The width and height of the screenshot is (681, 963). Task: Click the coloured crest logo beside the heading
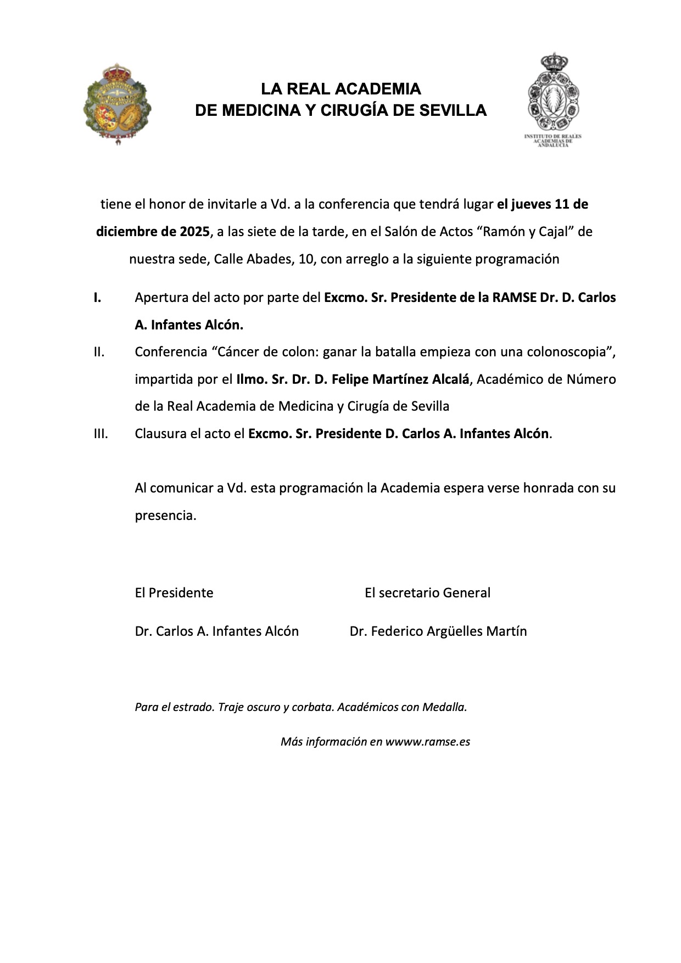[x=116, y=104]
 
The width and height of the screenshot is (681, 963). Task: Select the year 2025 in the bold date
[x=194, y=232]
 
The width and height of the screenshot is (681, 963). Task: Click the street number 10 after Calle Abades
[x=306, y=259]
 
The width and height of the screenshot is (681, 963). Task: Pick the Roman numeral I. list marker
[x=97, y=298]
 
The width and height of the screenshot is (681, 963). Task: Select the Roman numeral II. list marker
[x=99, y=352]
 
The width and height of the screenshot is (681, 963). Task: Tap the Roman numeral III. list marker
[x=101, y=434]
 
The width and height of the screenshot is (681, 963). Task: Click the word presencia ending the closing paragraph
[x=165, y=516]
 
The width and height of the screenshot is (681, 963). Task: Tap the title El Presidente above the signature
[x=174, y=593]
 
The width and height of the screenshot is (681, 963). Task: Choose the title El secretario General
[x=427, y=593]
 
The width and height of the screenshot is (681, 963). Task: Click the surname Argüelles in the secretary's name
[x=446, y=631]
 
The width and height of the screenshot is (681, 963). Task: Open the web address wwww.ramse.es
[x=427, y=742]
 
